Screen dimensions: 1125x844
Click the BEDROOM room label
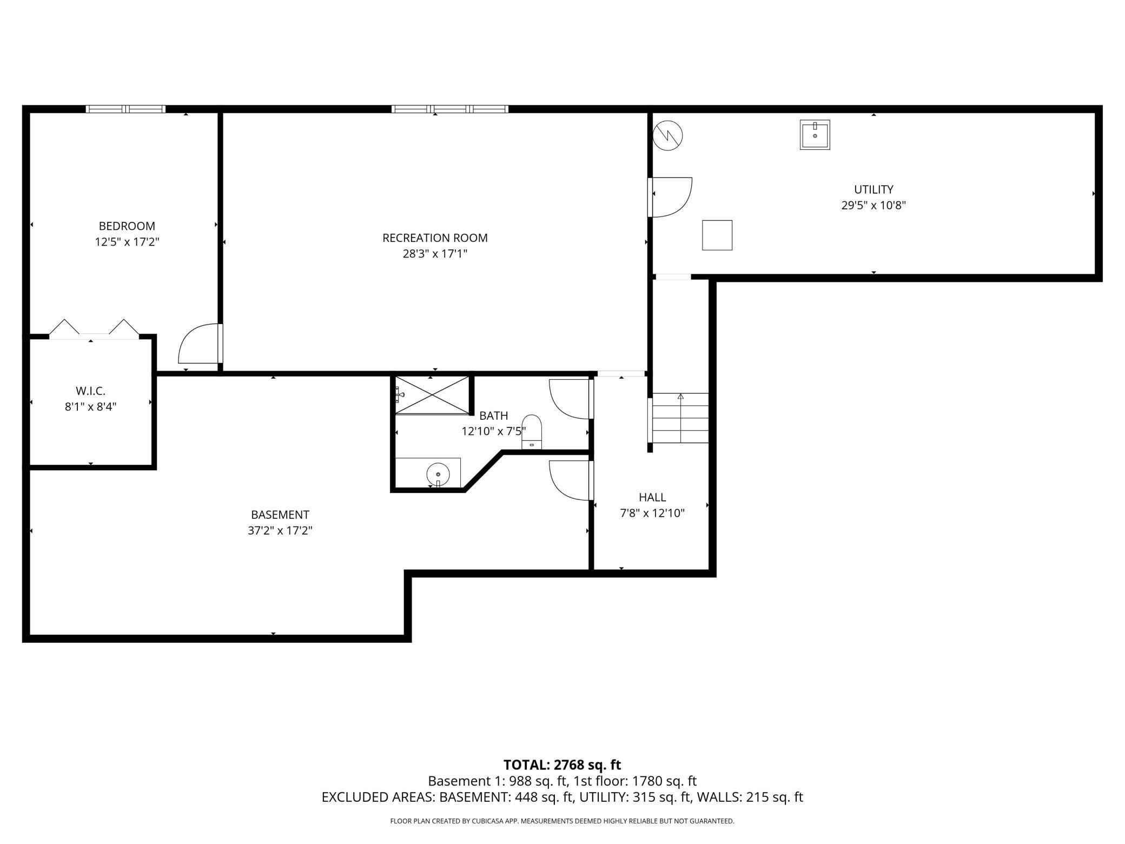(x=127, y=226)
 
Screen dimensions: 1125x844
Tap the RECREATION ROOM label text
(x=435, y=238)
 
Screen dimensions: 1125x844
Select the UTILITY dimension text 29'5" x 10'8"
(x=873, y=206)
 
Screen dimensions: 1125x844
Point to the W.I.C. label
(x=90, y=391)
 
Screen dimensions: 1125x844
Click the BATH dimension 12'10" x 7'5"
(x=493, y=431)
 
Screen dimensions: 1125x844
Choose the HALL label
(x=652, y=497)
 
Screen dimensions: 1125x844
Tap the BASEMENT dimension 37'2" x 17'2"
(x=280, y=531)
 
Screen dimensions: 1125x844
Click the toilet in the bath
(x=532, y=432)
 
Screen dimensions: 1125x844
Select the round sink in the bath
(x=438, y=474)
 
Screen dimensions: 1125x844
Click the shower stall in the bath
(x=432, y=395)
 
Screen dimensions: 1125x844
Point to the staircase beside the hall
(x=680, y=418)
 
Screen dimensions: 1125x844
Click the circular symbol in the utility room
(x=668, y=135)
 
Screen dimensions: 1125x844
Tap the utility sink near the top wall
(x=815, y=135)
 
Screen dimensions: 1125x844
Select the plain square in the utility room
(x=717, y=235)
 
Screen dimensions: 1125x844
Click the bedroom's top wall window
(x=126, y=109)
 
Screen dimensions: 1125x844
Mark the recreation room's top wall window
(x=450, y=109)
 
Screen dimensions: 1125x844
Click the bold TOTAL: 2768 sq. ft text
(x=562, y=765)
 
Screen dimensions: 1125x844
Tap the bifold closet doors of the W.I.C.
(x=94, y=329)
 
